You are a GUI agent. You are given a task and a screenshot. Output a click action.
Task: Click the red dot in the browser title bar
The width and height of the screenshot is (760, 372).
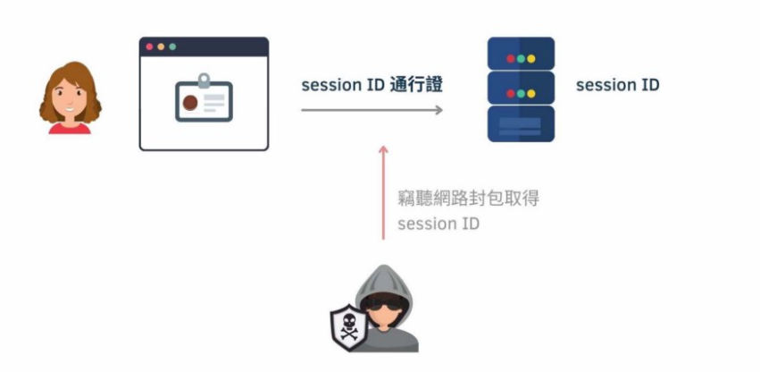tap(149, 46)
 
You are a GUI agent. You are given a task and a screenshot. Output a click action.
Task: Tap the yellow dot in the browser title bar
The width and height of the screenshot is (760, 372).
tap(161, 46)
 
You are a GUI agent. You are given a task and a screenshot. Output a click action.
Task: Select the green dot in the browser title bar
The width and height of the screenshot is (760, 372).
tap(172, 46)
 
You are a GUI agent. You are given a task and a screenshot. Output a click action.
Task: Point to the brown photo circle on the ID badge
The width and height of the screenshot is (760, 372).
tap(190, 103)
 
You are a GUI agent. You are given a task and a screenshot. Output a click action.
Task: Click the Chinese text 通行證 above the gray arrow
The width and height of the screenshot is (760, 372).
tap(417, 86)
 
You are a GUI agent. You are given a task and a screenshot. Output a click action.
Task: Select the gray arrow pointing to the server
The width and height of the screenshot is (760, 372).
tap(372, 110)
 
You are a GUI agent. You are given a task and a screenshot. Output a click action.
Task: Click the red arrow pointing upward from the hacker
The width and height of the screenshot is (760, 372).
tap(384, 191)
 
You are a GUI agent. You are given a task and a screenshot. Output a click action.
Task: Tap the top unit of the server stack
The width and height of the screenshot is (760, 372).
tap(521, 54)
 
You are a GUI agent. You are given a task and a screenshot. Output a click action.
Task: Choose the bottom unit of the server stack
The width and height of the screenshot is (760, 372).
tap(521, 123)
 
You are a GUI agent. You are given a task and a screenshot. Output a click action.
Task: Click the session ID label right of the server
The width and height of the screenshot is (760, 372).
tap(617, 86)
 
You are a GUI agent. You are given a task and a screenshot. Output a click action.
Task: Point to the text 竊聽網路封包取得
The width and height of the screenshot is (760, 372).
tap(468, 199)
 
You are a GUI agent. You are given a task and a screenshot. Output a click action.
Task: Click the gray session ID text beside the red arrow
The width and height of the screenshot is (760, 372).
tap(438, 224)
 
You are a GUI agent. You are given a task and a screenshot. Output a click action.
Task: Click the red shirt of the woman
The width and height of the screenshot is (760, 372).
tap(70, 128)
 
